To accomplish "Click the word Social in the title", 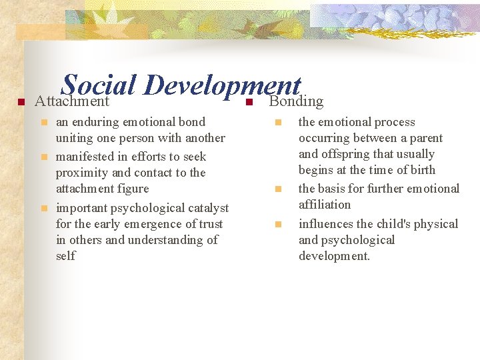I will pos(99,85).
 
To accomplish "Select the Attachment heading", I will pos(71,101).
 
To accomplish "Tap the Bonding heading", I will pos(296,101).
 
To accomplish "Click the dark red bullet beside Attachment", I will pos(21,102).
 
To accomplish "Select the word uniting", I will pos(74,138).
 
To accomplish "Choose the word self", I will pos(65,256).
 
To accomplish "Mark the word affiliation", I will pos(324,205).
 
